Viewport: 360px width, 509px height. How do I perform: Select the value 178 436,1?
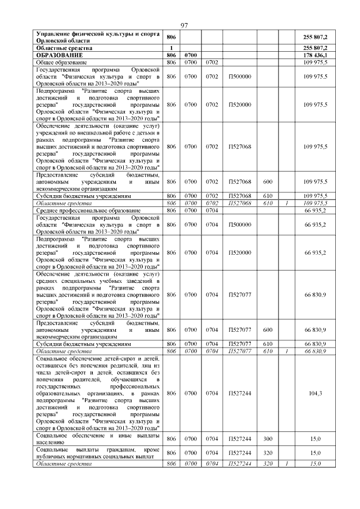click(x=315, y=55)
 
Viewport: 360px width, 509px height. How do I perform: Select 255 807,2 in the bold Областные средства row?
click(x=315, y=48)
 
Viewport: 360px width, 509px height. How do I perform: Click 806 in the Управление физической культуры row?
click(x=172, y=37)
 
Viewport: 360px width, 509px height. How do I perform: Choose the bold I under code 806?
click(x=172, y=48)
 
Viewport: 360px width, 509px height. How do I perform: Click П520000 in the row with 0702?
click(x=240, y=105)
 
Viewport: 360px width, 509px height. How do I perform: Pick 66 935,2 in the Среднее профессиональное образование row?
click(x=316, y=209)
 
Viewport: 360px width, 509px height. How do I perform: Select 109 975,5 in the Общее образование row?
click(x=316, y=62)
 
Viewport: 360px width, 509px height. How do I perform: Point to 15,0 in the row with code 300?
click(x=316, y=439)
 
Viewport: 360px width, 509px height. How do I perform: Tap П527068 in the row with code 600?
click(x=240, y=182)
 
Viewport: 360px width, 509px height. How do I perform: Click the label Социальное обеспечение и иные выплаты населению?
click(x=97, y=439)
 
